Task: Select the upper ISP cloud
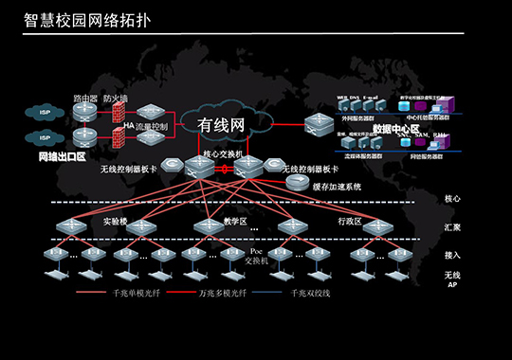tap(44, 113)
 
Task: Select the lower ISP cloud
tap(44, 139)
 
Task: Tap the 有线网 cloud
tap(221, 124)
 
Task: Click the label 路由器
tap(85, 98)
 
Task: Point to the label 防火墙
tap(116, 98)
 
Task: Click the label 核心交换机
tap(224, 152)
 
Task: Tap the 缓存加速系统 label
tap(338, 187)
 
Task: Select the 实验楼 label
tap(115, 222)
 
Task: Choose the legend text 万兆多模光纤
tap(219, 294)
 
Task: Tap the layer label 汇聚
tap(452, 227)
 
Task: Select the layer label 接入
tap(452, 255)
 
